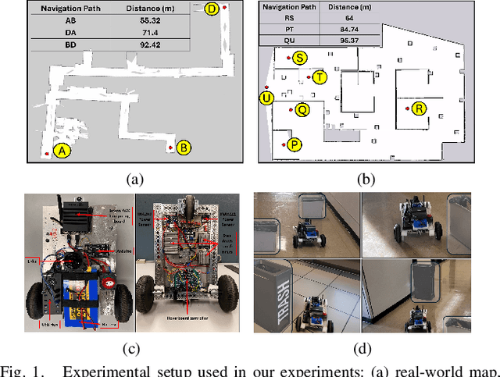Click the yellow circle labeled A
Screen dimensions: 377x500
click(61, 151)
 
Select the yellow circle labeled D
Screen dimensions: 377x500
click(212, 9)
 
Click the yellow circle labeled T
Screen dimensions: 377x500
click(320, 77)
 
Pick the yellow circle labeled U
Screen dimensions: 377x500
click(267, 98)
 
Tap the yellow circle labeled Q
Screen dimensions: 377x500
click(302, 110)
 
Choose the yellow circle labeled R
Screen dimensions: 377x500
click(420, 108)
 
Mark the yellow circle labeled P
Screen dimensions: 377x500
click(295, 144)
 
